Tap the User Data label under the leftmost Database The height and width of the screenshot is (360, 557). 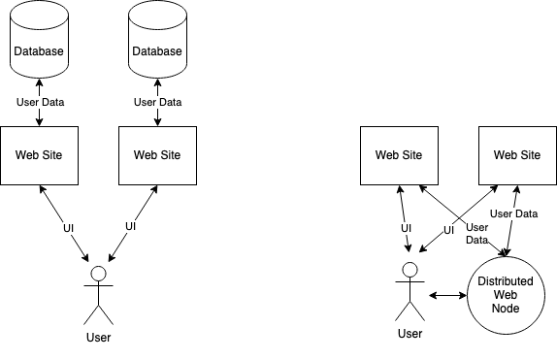40,102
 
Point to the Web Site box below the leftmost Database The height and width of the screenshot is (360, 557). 40,154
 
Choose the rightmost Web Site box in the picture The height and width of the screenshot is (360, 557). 516,154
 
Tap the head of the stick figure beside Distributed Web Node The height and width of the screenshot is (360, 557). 410,270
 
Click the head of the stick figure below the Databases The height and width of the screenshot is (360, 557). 98,270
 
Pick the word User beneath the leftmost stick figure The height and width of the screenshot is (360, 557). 98,338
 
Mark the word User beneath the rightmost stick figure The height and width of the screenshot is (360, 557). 410,335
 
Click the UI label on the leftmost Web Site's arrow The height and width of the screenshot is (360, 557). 69,228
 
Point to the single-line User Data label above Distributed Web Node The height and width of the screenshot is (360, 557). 513,213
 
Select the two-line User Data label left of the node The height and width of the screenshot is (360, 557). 477,232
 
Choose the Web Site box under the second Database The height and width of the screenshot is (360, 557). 157,154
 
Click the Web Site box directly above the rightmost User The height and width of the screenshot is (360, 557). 398,154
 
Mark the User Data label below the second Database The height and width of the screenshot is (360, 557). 157,102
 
